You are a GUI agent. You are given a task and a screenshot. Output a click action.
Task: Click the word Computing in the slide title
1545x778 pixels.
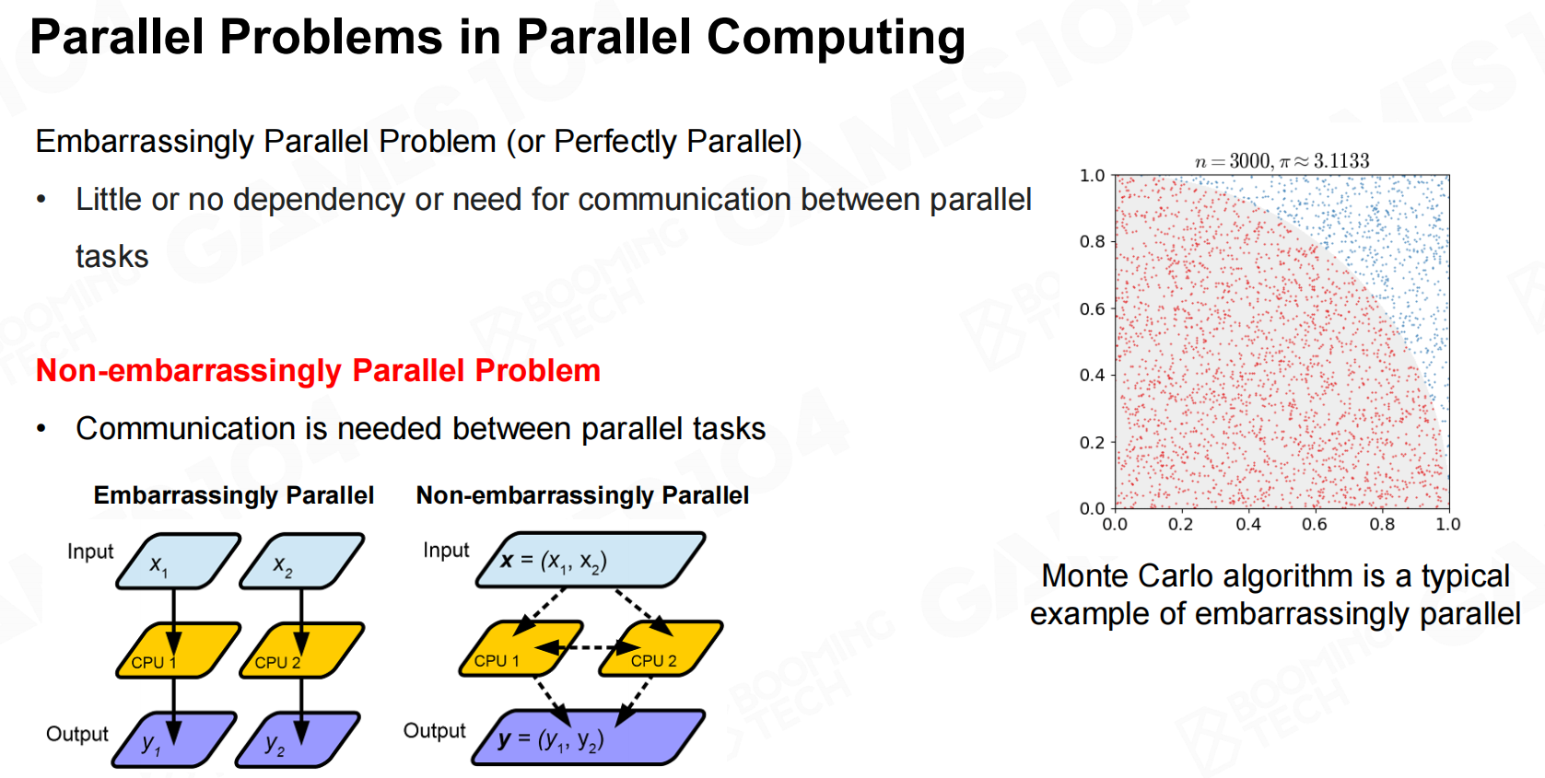[836, 38]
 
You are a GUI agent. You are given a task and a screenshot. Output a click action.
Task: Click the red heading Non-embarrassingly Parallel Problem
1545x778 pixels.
[318, 371]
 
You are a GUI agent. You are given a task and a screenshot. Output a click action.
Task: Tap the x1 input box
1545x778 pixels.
[178, 561]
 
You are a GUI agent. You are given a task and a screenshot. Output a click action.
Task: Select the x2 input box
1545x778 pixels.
[301, 561]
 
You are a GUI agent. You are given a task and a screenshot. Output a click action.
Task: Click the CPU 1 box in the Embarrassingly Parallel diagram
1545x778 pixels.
[178, 651]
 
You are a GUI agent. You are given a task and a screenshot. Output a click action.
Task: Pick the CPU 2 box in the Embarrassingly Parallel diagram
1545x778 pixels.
[301, 651]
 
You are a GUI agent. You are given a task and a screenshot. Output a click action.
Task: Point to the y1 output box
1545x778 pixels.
[175, 739]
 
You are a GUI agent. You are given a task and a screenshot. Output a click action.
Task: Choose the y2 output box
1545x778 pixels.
[298, 739]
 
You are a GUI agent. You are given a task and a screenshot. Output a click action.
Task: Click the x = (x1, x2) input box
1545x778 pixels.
[591, 560]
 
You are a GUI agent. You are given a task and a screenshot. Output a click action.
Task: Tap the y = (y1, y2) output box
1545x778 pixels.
[588, 737]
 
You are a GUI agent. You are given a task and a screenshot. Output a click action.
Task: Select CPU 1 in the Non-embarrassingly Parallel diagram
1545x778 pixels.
[521, 648]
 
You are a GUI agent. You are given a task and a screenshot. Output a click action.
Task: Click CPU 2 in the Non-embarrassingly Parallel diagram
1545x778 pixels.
[661, 648]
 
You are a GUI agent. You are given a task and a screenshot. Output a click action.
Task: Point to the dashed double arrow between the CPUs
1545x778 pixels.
[589, 648]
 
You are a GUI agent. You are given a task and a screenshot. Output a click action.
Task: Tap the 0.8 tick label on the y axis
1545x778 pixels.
[1092, 242]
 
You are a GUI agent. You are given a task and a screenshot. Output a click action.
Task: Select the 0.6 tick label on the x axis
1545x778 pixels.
[1314, 525]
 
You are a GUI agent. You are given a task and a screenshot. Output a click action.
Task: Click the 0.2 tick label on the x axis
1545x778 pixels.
[1180, 525]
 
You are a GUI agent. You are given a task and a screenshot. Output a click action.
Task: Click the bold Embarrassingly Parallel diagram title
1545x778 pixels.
[234, 495]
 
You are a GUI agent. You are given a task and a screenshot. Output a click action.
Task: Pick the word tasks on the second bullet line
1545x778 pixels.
[111, 256]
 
